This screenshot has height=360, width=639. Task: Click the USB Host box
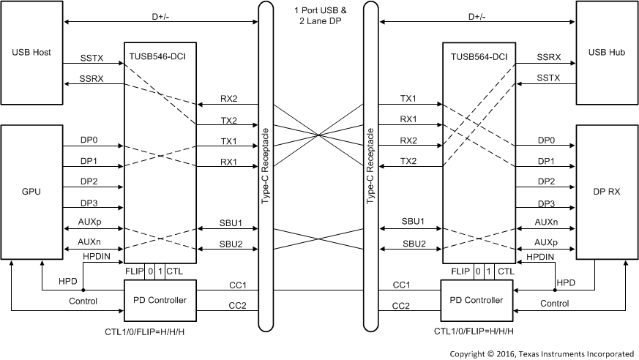coord(31,53)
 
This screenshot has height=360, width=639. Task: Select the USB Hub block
coord(606,53)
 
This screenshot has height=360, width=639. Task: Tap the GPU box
coord(31,192)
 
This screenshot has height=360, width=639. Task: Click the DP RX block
coord(606,192)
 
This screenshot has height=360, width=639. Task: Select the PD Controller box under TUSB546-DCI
coord(160,300)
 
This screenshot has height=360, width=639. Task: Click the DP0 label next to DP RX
coord(546,139)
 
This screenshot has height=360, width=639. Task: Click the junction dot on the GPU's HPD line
coord(83,290)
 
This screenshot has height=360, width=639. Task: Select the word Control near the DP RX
coord(555,302)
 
